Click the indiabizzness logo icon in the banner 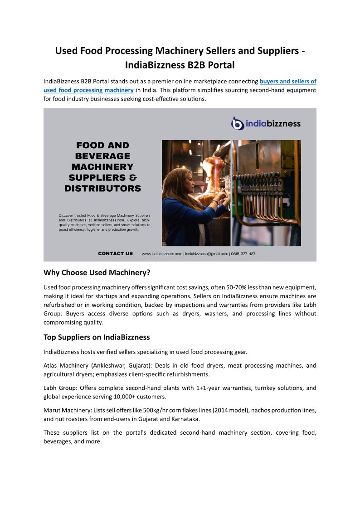click(x=238, y=123)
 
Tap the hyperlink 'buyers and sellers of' click(x=288, y=82)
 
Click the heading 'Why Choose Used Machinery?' click(x=97, y=272)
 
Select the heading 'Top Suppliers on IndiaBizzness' click(x=97, y=337)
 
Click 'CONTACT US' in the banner click(x=116, y=253)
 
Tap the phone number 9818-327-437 click(x=243, y=254)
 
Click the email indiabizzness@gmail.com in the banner click(x=206, y=254)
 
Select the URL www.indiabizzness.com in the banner click(x=162, y=254)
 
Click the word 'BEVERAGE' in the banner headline click(x=102, y=156)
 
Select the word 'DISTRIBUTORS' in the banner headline click(x=102, y=188)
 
